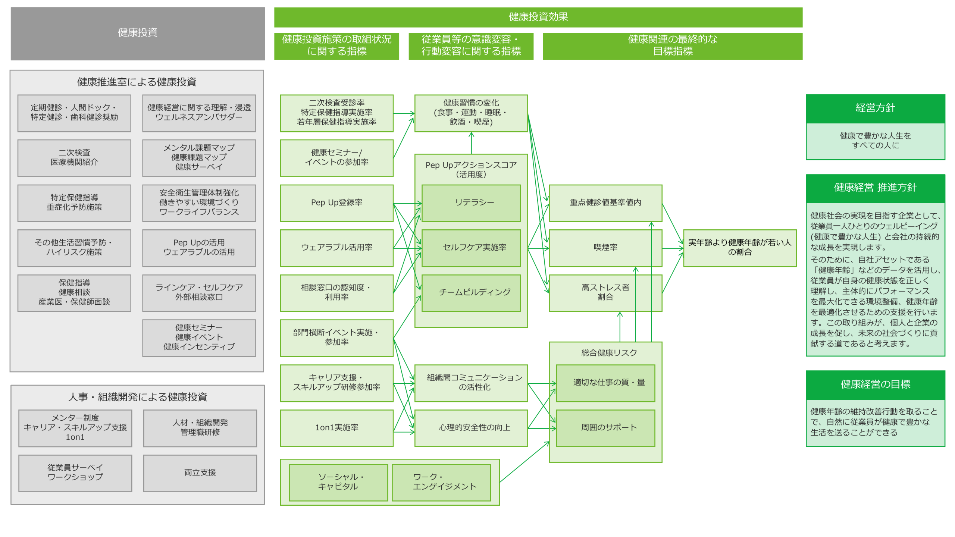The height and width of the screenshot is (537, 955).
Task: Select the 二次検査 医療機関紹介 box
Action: coord(74,158)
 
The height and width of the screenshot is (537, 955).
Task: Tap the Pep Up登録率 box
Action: coord(336,203)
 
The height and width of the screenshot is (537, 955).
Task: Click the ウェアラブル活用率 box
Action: coord(336,248)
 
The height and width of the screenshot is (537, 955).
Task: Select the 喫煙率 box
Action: coord(605,248)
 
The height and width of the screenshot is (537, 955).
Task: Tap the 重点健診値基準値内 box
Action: coord(605,203)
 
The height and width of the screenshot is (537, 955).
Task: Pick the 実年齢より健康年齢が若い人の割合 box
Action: coord(739,248)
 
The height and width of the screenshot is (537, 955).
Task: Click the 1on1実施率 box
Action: coord(336,428)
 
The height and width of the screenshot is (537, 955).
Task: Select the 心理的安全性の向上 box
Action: coord(471,428)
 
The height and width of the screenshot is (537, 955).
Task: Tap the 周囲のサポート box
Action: coord(605,428)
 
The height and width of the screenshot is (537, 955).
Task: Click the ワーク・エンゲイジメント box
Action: coord(441,482)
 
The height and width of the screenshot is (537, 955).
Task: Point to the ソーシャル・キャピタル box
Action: coord(338,482)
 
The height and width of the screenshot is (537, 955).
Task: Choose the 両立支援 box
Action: coord(200,473)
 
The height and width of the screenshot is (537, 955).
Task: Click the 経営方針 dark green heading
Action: coord(875,109)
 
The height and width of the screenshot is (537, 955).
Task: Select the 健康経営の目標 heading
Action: coord(875,384)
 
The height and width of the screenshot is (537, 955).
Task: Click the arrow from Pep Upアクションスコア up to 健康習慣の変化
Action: coord(471,143)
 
